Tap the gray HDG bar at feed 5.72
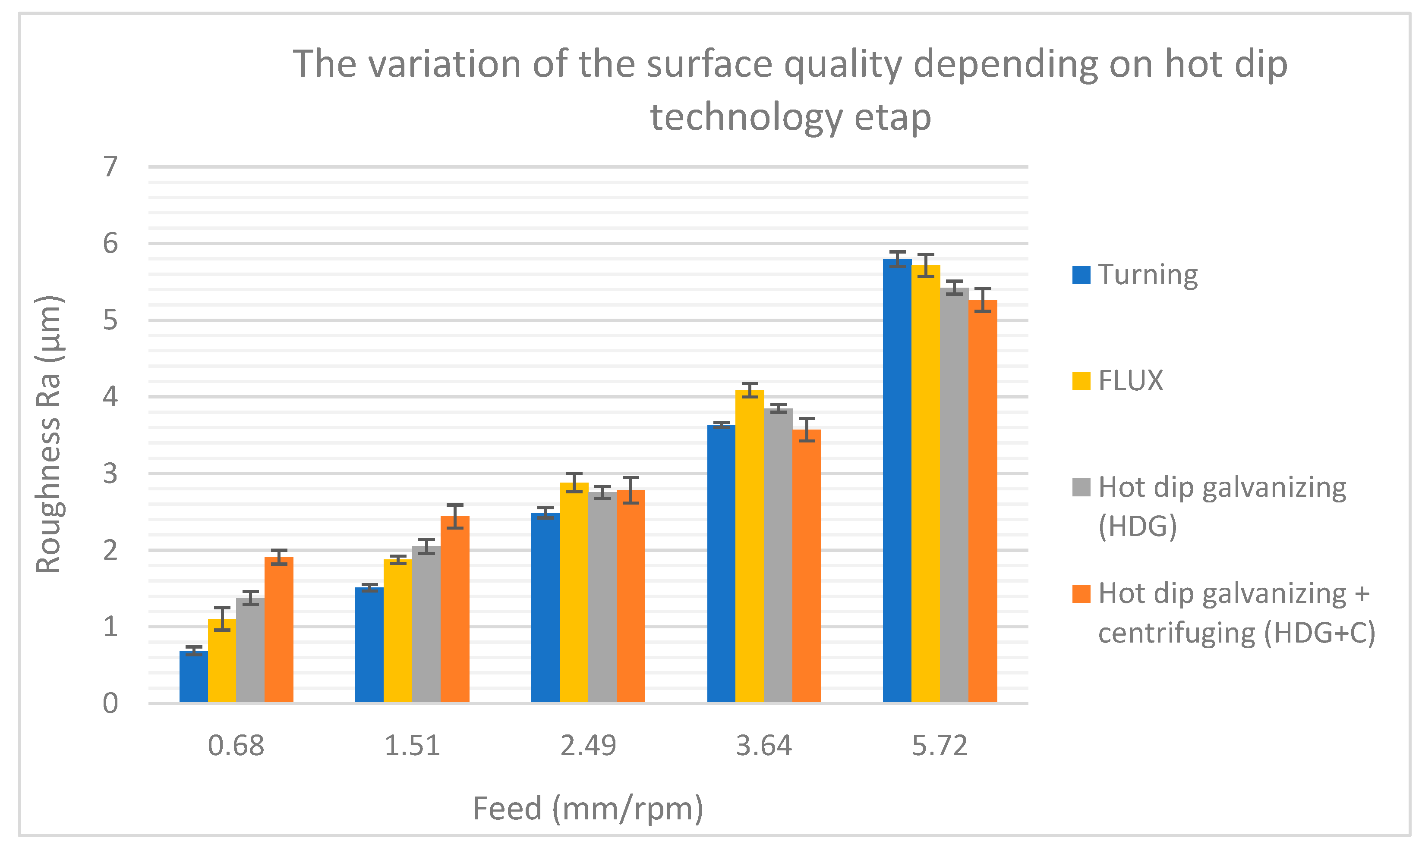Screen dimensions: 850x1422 [954, 495]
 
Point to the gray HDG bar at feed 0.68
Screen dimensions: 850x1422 [250, 650]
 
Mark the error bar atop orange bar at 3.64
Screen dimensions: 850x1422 [807, 430]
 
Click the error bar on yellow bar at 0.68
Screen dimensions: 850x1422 [222, 618]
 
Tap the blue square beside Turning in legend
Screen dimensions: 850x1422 [1081, 275]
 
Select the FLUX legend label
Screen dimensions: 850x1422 [1130, 381]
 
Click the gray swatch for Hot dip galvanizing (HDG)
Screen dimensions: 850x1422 [1081, 487]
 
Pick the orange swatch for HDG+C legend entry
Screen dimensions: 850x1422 [1081, 594]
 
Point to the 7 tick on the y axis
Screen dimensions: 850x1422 [110, 166]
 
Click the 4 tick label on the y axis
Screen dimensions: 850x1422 [110, 396]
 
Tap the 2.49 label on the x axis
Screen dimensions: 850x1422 [588, 746]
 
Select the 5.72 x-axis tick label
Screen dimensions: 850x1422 [940, 746]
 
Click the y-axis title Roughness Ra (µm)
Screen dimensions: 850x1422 [49, 434]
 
